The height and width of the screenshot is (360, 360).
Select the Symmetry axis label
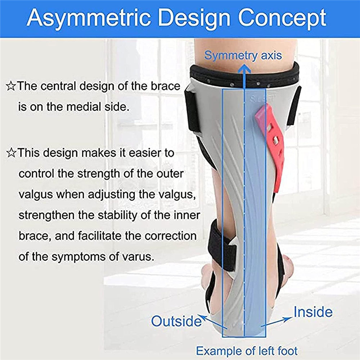click(243, 55)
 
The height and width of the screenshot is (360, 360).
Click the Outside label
click(176, 320)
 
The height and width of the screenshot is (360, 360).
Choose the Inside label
click(312, 312)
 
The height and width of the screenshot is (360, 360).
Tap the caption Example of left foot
click(247, 350)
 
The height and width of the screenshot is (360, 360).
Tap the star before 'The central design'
click(11, 86)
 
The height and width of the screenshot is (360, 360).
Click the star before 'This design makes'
click(11, 153)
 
